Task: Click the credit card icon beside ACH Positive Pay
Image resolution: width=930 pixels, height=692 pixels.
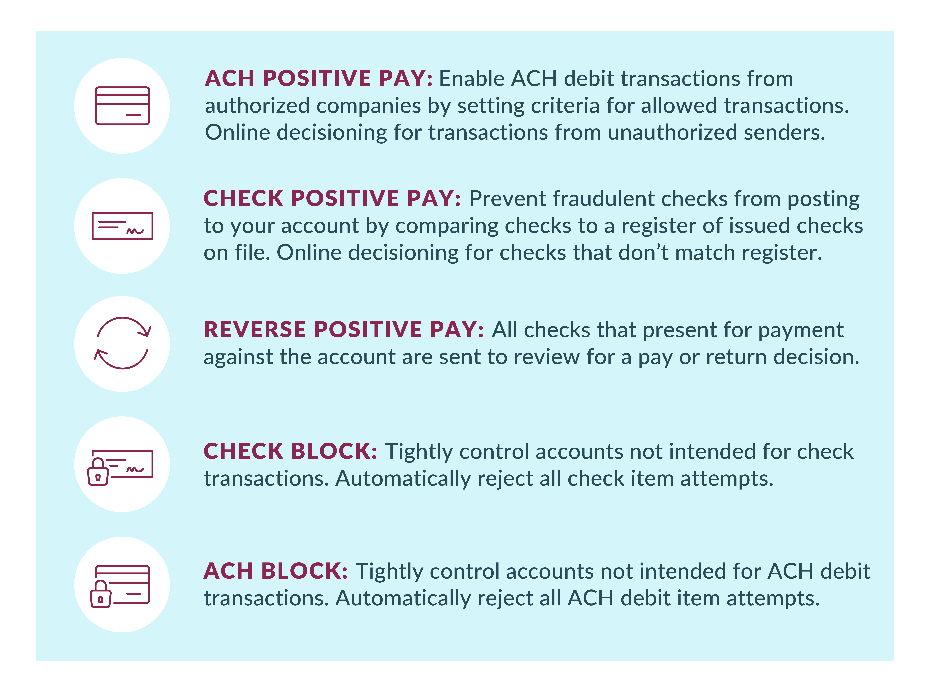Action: (x=122, y=106)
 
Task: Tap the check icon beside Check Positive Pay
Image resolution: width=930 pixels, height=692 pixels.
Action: (x=122, y=226)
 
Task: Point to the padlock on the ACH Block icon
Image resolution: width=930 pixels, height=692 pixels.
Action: (x=101, y=594)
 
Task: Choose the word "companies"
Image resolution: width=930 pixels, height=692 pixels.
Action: (x=369, y=106)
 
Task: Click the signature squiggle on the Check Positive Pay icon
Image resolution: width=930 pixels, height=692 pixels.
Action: (x=135, y=231)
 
